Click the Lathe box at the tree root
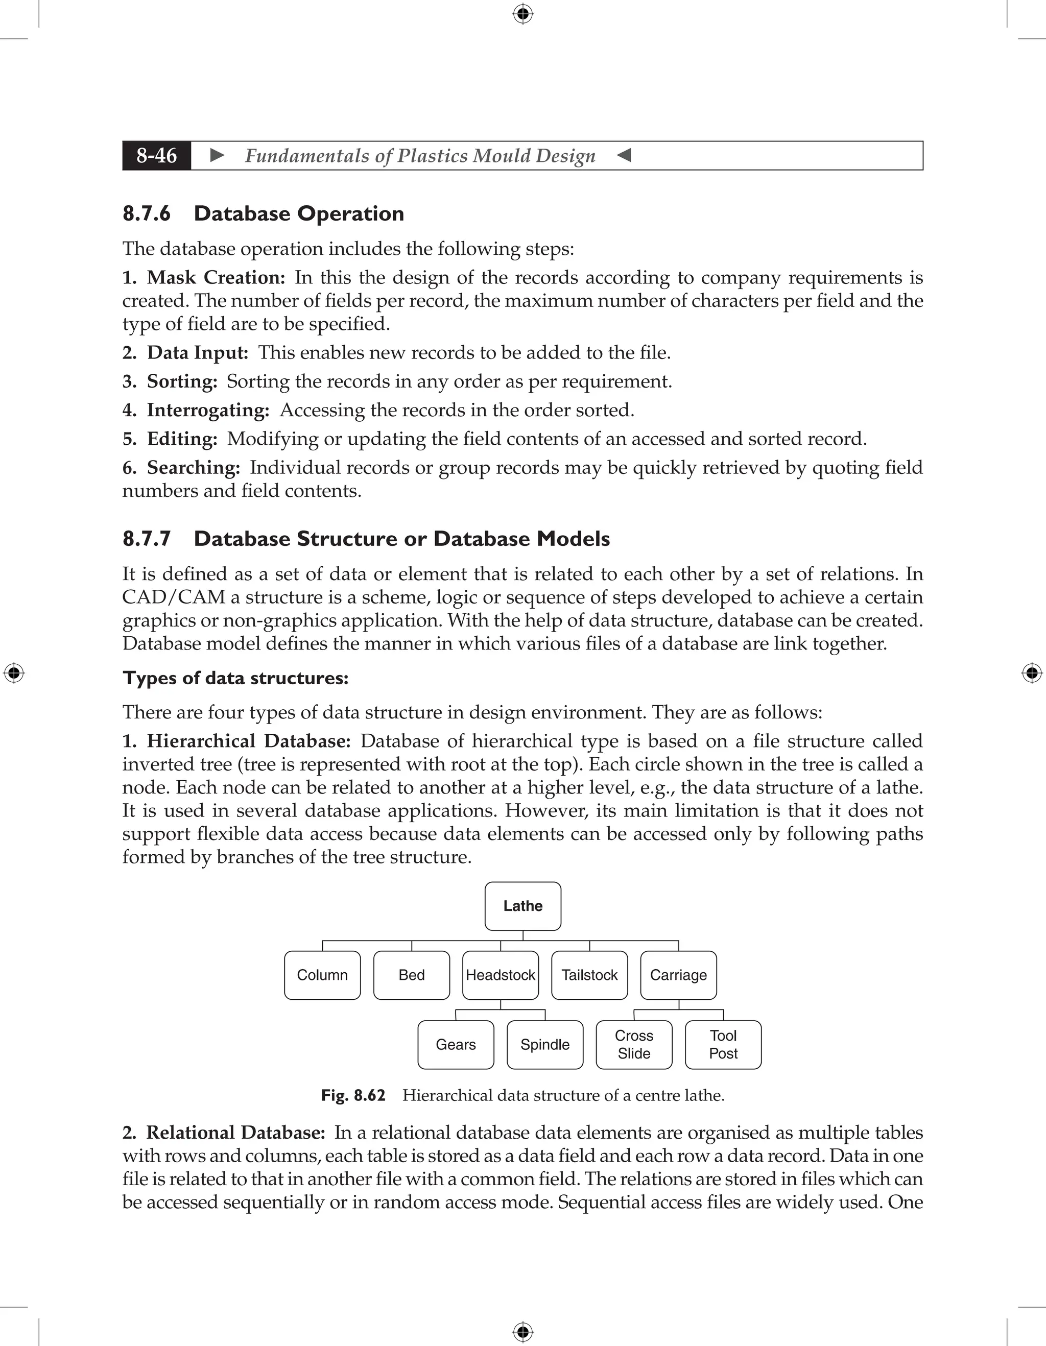tap(522, 906)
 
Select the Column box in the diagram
tap(322, 975)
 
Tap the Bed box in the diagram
tap(411, 975)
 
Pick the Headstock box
tap(501, 975)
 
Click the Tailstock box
tap(589, 975)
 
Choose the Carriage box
tap(678, 975)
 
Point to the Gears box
tap(456, 1045)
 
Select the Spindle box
tap(545, 1045)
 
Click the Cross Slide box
tap(634, 1045)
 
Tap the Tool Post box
tap(723, 1045)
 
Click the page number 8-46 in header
tap(157, 155)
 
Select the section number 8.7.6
tap(147, 214)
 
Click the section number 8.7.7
tap(147, 539)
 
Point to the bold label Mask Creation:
tap(216, 277)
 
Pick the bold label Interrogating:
tap(208, 410)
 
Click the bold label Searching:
tap(193, 467)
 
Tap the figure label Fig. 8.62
tap(353, 1095)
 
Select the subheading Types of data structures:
tap(235, 678)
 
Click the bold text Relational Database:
tap(235, 1132)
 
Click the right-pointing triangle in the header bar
tap(217, 155)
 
